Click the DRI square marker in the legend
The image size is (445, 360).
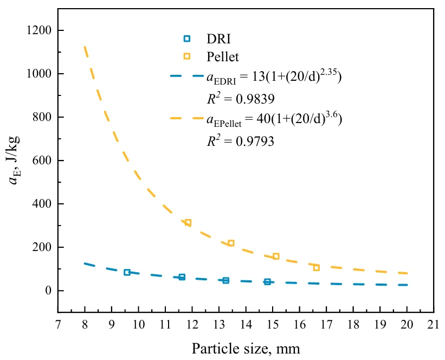tap(187, 38)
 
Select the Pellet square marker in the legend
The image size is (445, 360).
tap(187, 56)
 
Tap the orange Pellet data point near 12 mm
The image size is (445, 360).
tap(188, 223)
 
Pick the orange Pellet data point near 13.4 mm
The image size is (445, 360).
tap(231, 243)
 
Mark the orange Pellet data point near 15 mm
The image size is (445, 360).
tap(276, 256)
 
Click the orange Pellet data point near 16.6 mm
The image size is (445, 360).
tap(317, 268)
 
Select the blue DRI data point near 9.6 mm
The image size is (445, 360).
tap(127, 272)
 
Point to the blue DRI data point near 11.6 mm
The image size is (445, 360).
tap(182, 277)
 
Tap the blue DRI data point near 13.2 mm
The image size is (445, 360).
tap(226, 280)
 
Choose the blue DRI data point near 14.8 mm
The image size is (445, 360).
tap(268, 282)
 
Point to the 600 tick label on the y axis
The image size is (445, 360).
tap(42, 160)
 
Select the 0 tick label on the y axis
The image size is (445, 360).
tap(48, 291)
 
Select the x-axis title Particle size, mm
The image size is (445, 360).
tap(246, 348)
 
